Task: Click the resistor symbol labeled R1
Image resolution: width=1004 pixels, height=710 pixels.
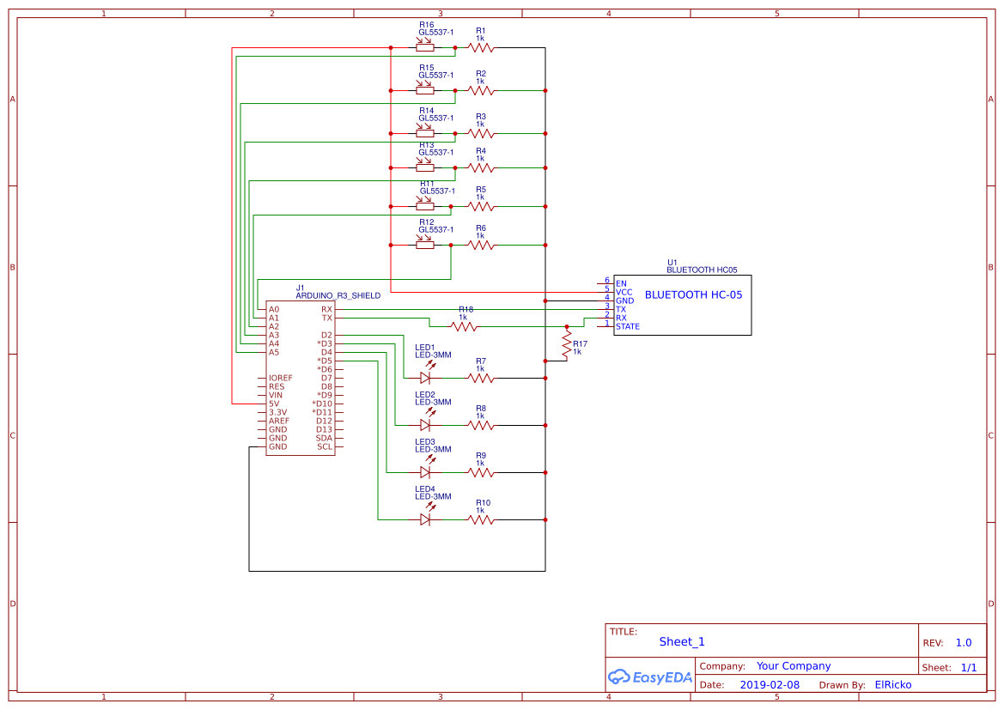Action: tap(481, 47)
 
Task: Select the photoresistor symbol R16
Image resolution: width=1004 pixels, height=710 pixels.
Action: tap(425, 47)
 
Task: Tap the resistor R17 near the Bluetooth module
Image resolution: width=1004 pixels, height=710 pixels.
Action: tap(566, 345)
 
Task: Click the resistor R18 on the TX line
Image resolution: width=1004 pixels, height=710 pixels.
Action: tap(465, 326)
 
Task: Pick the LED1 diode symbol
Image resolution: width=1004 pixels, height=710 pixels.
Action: tap(425, 377)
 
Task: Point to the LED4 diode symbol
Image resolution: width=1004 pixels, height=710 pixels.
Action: tap(425, 519)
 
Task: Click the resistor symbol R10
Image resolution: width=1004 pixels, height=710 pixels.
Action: tap(481, 519)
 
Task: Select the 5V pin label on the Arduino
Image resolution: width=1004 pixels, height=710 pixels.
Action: tap(274, 404)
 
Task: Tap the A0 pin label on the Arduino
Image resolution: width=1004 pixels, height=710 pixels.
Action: tap(273, 309)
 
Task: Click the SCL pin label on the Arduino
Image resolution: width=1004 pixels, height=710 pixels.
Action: tap(325, 446)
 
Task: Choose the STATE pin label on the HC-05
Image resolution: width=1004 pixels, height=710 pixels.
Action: tap(627, 326)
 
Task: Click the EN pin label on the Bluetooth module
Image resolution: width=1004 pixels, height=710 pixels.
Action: tap(621, 282)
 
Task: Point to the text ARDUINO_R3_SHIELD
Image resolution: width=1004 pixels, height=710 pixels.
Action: tap(338, 295)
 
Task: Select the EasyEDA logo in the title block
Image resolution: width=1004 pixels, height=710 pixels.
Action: tap(650, 677)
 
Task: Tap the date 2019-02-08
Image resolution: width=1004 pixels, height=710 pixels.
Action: tap(769, 685)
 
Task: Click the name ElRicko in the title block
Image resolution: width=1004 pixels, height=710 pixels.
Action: tap(892, 685)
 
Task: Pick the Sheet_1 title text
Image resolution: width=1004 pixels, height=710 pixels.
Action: tap(681, 641)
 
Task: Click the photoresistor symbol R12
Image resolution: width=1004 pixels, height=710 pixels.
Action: tap(425, 245)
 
